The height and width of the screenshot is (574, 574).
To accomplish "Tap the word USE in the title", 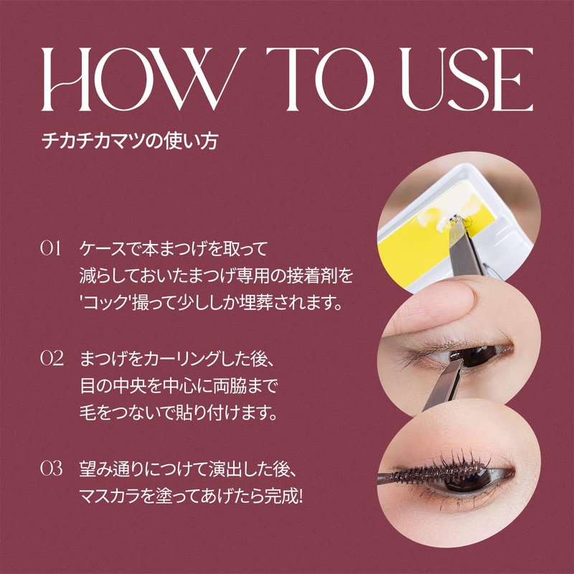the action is point(467,79).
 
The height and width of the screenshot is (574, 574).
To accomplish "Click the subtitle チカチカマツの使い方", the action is point(130,141).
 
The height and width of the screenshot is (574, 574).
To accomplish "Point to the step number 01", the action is point(50,248).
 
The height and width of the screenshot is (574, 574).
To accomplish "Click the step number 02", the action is point(52,358).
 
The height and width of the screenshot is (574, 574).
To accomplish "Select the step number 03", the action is point(51,469).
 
